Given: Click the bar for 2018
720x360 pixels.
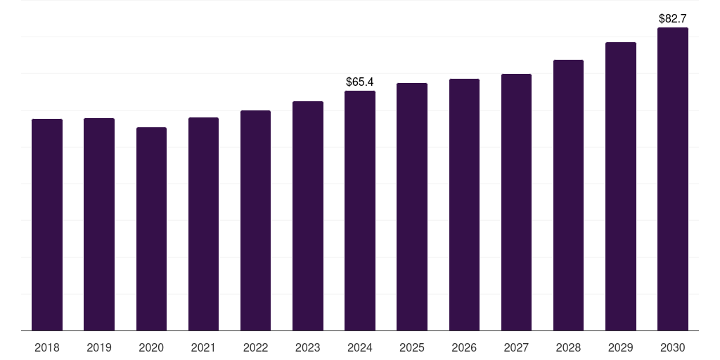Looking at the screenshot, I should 47,224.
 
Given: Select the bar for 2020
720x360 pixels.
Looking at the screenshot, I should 151,229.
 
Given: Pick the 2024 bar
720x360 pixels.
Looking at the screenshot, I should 360,210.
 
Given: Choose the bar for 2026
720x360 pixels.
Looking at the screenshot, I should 464,204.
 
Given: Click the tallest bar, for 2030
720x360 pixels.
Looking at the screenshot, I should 673,179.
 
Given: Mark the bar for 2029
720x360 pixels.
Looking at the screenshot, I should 621,186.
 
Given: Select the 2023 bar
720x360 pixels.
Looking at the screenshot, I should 308,215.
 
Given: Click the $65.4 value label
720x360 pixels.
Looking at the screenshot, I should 360,82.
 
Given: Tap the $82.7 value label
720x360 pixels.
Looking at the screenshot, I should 673,19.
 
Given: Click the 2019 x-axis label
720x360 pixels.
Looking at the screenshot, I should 99,347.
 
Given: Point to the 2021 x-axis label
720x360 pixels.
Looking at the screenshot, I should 203,347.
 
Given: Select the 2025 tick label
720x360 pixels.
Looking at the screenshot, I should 412,347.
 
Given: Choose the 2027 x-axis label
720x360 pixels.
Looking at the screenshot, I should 516,347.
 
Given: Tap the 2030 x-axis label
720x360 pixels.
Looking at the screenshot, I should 673,347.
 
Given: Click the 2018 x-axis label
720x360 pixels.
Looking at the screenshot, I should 47,347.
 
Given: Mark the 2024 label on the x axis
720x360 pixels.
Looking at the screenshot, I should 360,347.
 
